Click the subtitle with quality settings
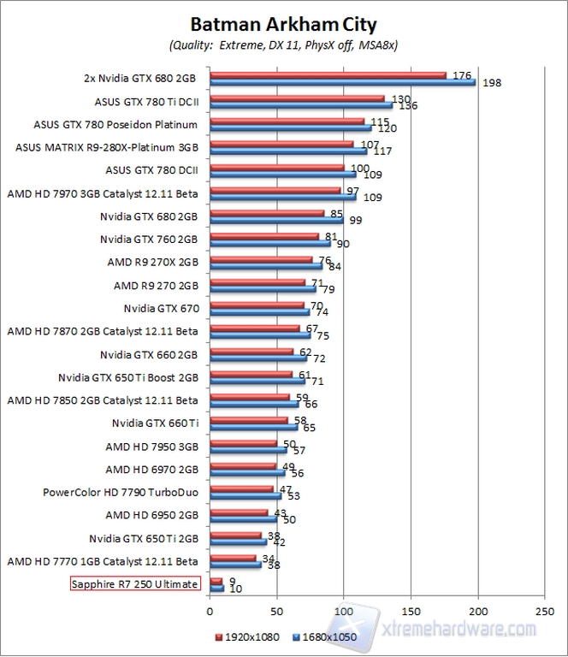(283, 44)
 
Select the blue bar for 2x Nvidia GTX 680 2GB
(342, 82)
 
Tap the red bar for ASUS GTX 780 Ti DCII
(297, 98)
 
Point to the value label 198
(491, 83)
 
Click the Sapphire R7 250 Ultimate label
(134, 584)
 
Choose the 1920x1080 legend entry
(250, 636)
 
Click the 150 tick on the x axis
(411, 612)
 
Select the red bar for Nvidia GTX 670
(256, 304)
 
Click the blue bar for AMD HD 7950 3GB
(247, 450)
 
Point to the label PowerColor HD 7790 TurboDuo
(121, 492)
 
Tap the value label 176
(462, 75)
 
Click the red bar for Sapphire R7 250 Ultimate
(216, 581)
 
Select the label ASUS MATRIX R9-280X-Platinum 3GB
(107, 146)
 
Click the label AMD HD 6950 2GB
(152, 515)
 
